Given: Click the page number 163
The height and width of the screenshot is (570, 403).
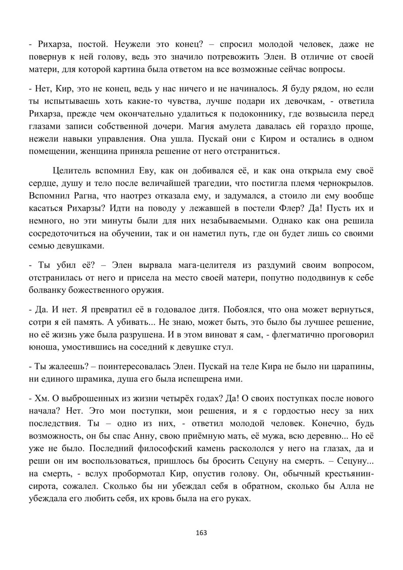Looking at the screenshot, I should point(201,533).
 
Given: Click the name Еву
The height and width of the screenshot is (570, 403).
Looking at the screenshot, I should point(128,171).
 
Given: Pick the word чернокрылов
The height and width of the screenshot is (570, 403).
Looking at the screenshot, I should point(345,183).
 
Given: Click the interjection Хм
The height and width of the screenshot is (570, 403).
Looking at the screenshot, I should point(39,399).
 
